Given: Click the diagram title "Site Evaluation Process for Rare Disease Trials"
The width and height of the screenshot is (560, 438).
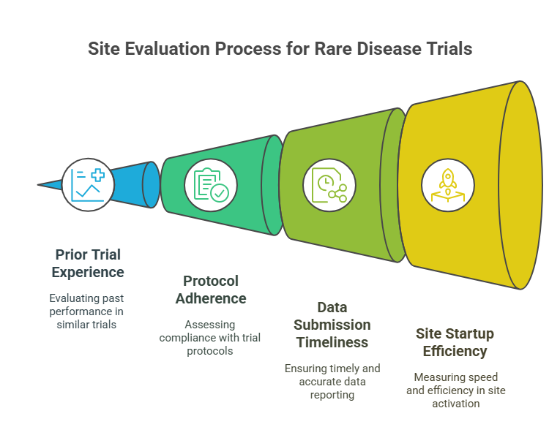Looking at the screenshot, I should pyautogui.click(x=280, y=49).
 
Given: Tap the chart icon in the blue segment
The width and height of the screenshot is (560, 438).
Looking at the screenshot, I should pyautogui.click(x=88, y=185).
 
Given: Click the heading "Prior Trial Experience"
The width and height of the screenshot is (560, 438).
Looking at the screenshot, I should pyautogui.click(x=89, y=263).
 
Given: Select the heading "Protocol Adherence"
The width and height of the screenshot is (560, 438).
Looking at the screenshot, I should pyautogui.click(x=211, y=290).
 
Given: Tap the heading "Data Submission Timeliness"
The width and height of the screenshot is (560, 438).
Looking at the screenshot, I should pyautogui.click(x=332, y=324).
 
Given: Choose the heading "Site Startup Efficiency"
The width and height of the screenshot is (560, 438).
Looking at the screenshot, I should pyautogui.click(x=455, y=342).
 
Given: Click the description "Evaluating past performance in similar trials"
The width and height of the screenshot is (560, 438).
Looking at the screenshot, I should pyautogui.click(x=86, y=311).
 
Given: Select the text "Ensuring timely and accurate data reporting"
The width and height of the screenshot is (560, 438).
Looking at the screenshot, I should pyautogui.click(x=332, y=381).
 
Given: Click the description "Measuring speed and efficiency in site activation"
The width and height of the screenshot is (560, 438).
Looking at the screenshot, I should pyautogui.click(x=455, y=390).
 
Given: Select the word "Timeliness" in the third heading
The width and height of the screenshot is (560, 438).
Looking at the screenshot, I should pyautogui.click(x=332, y=341).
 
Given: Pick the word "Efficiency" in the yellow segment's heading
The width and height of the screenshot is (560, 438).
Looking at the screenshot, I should pyautogui.click(x=455, y=351).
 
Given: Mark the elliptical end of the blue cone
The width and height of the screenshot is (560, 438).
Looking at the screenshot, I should pyautogui.click(x=151, y=184).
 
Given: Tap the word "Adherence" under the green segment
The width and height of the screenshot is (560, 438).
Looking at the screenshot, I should pyautogui.click(x=211, y=298).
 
